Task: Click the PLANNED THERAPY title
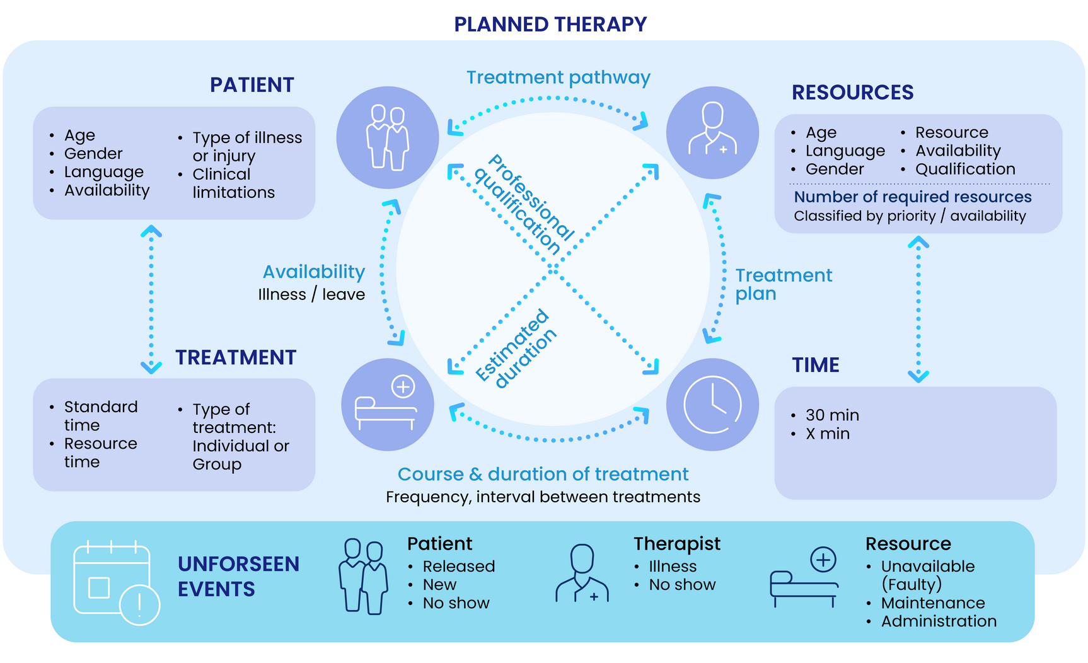[550, 25]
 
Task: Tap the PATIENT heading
[252, 85]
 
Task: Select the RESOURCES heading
[852, 93]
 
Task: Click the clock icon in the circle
[712, 405]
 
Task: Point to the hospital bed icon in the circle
[387, 405]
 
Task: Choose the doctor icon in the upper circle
[712, 132]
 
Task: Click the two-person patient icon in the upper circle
[387, 137]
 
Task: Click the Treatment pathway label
[558, 78]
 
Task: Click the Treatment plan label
[783, 284]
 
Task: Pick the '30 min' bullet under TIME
[832, 415]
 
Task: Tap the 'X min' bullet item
[827, 434]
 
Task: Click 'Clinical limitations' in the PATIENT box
[233, 183]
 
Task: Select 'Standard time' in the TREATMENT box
[100, 416]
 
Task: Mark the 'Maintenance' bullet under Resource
[932, 603]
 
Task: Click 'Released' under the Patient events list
[458, 567]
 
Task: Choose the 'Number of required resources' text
[912, 197]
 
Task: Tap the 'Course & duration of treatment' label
[543, 475]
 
